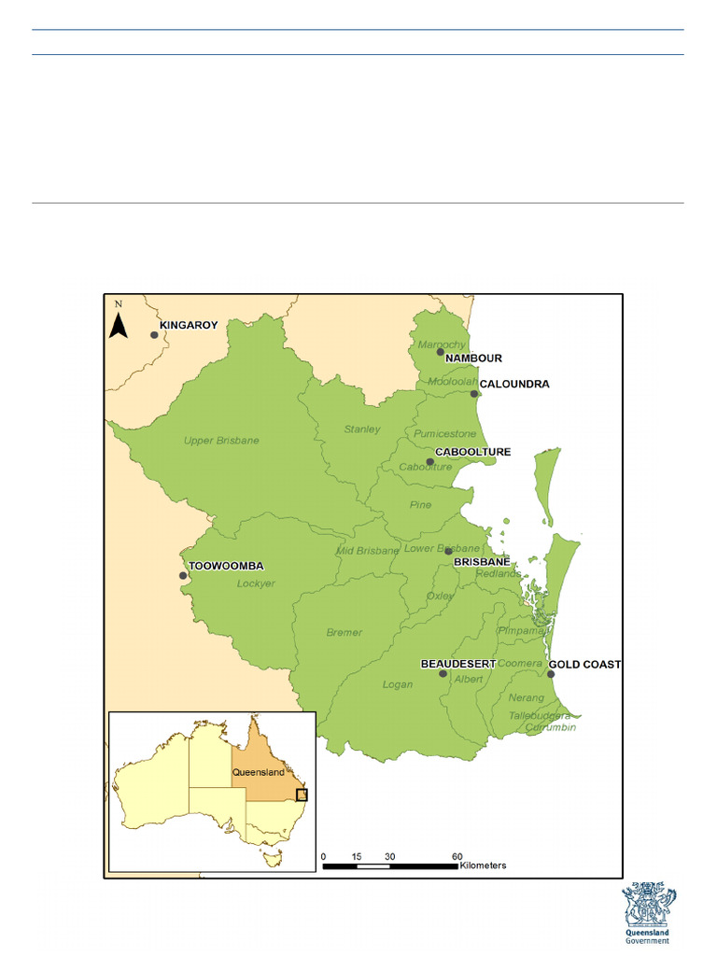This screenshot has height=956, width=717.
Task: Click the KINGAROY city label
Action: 189,326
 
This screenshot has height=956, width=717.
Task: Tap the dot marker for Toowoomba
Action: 183,575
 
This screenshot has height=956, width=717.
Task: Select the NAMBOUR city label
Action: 473,358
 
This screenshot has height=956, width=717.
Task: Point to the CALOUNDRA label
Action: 514,384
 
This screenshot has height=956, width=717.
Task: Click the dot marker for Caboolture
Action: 429,462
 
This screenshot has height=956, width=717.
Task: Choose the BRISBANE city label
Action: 482,563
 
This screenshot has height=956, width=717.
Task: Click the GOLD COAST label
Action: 584,665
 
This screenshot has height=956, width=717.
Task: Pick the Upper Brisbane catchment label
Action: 221,441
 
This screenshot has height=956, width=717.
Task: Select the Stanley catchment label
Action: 362,429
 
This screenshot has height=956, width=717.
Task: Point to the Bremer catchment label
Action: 344,633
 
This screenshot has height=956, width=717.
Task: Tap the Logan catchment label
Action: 397,684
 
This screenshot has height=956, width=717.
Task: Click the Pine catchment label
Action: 420,505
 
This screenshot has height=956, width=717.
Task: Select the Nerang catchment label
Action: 527,697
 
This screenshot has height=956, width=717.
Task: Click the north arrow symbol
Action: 119,322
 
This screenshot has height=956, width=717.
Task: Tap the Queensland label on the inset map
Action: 258,773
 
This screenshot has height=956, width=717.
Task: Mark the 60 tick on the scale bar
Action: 457,856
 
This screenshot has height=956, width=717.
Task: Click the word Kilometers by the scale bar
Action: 483,866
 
